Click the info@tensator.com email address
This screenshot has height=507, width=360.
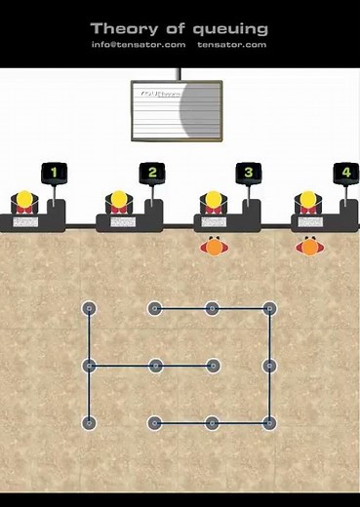139,45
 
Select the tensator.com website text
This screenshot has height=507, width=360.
231,45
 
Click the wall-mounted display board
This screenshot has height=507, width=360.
177,107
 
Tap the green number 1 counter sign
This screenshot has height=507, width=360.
54,174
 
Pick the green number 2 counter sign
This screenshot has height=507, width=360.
150,174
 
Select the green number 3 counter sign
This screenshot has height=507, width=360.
248,174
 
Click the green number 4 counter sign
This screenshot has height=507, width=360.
345,174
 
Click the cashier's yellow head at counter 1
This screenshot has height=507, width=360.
25,199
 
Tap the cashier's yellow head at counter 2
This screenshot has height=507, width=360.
120,199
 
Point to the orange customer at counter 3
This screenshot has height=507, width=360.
213,247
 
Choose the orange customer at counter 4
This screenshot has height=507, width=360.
309,247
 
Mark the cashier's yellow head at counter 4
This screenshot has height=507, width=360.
309,199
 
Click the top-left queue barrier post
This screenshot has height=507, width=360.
89,309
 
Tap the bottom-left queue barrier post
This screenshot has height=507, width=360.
89,423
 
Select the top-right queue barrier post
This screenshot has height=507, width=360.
269,309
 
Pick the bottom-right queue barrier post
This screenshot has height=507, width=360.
269,423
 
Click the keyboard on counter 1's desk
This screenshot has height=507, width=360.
25,222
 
